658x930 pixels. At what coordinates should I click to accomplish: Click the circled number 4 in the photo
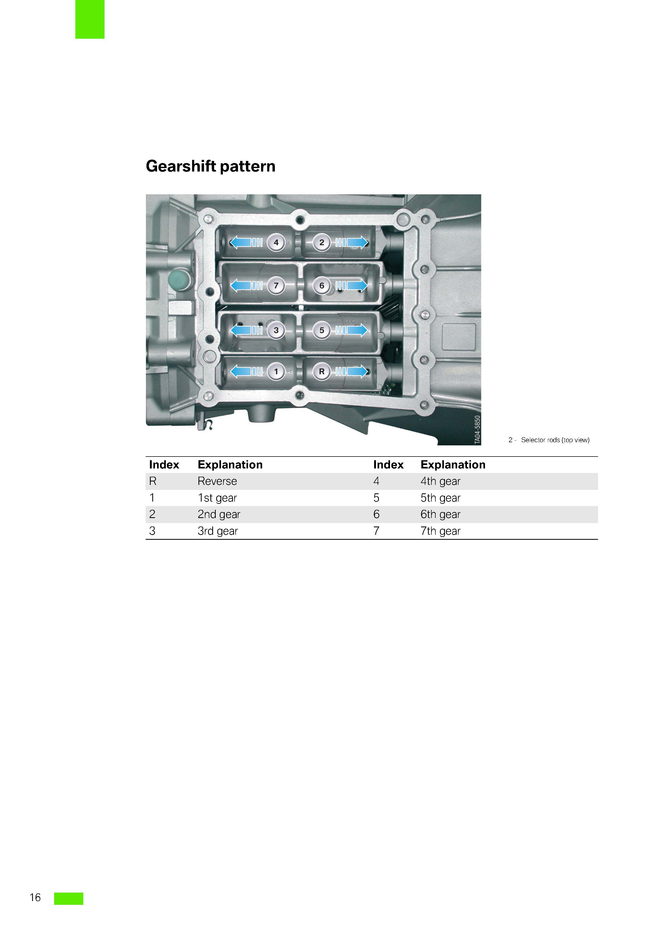click(x=276, y=243)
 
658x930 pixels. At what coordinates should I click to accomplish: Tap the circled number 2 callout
click(x=322, y=243)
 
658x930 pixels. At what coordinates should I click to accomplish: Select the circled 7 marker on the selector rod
click(x=276, y=286)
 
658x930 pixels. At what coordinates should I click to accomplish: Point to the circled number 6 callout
click(x=322, y=286)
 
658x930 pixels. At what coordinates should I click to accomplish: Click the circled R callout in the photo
click(x=322, y=371)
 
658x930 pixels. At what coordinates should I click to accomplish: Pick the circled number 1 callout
click(x=276, y=371)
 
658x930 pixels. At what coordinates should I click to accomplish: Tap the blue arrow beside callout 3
click(x=246, y=330)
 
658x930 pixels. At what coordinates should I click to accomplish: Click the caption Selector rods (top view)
click(x=555, y=440)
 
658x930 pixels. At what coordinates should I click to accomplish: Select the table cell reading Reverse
click(x=217, y=481)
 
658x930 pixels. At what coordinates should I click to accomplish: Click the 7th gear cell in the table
click(x=440, y=531)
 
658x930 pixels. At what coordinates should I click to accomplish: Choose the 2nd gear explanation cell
click(x=219, y=514)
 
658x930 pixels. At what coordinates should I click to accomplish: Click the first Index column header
click(x=164, y=464)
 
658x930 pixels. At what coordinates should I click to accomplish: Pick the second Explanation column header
click(x=453, y=464)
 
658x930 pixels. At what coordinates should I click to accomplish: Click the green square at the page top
click(x=90, y=19)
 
